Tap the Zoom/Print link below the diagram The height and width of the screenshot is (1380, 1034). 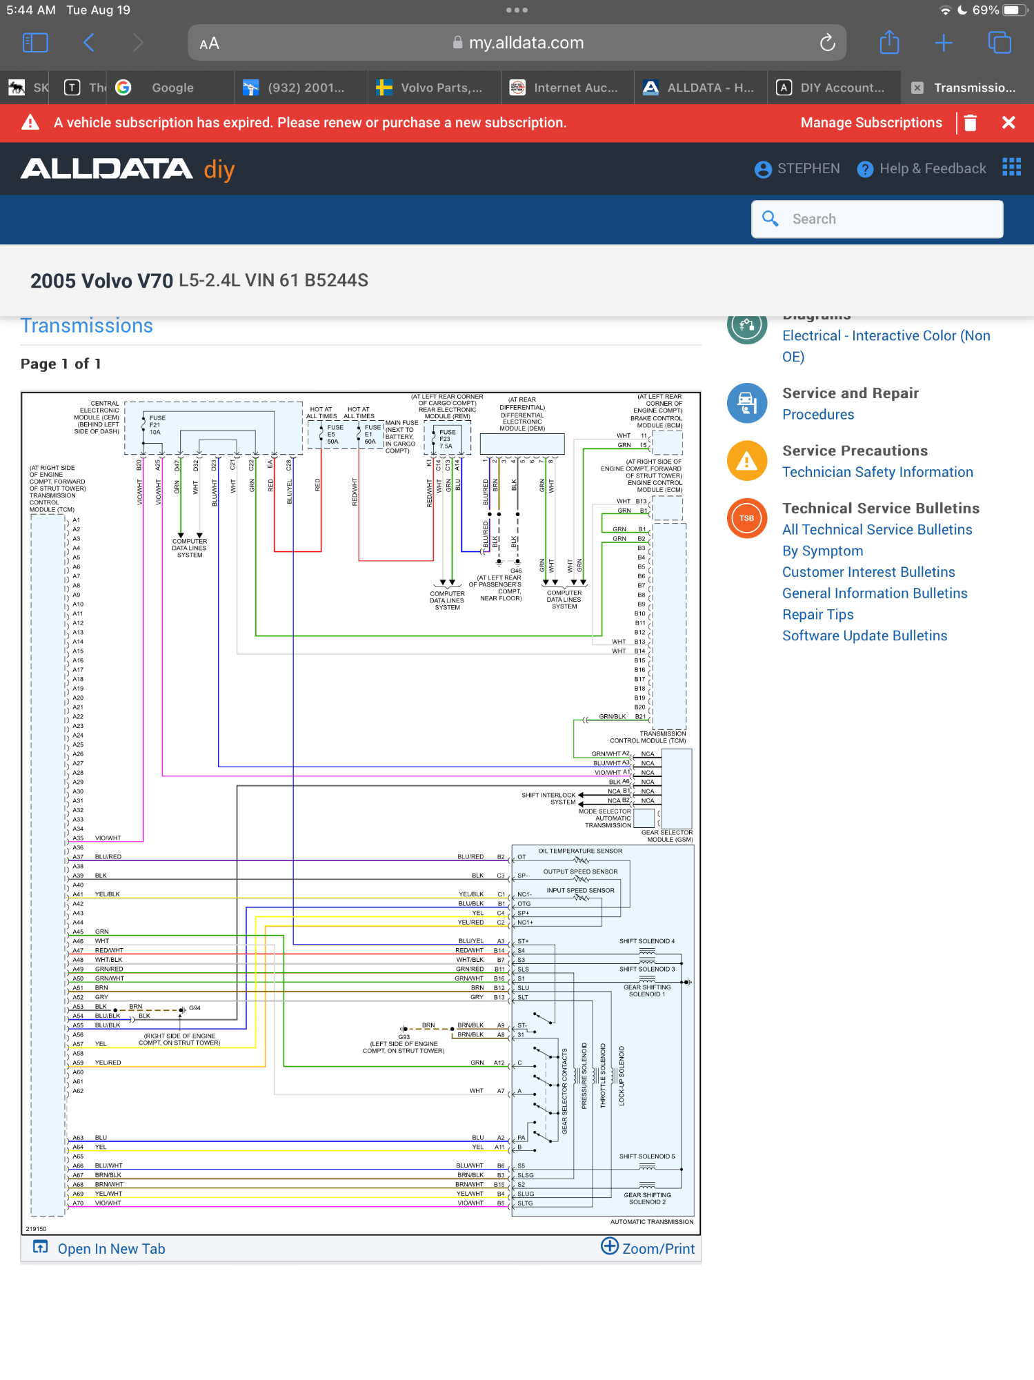pos(648,1248)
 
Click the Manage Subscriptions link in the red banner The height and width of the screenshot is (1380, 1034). pos(871,123)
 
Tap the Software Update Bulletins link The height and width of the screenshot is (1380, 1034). pos(864,636)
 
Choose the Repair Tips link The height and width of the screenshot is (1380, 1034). pos(817,615)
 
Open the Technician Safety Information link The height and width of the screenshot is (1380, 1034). pos(877,472)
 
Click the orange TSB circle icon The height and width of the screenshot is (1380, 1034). pos(747,518)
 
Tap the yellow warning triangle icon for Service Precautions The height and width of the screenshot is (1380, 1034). pos(747,461)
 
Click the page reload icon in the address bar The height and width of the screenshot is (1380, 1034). pos(827,43)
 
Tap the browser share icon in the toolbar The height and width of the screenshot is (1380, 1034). pos(890,43)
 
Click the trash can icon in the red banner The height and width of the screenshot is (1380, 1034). pos(971,123)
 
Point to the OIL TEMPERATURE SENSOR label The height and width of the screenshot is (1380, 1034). pos(580,851)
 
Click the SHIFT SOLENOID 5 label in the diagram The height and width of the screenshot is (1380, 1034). pos(646,1156)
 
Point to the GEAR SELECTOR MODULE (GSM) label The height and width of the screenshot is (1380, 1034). pos(666,836)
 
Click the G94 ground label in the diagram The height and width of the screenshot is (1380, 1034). pos(195,1008)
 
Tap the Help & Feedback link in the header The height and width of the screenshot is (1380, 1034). pos(922,169)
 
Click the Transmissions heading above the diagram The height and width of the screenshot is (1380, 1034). pos(87,326)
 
